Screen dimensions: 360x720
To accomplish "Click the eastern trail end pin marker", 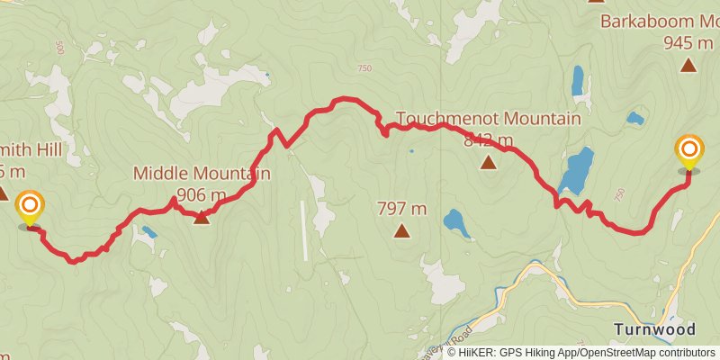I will pos(689,152).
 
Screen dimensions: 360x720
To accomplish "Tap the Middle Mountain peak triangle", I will pos(202,217).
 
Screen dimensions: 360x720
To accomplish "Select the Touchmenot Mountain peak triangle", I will pos(488,163).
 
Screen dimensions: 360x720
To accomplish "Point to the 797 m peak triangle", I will pos(401,231).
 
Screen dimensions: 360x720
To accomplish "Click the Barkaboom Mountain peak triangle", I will pos(688,64).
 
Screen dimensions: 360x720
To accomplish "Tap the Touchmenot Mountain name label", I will pos(488,119).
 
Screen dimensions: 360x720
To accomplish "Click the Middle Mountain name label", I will pos(202,173).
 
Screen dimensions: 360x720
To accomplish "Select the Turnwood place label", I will pos(654,329).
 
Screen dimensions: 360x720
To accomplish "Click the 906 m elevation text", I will pos(202,194).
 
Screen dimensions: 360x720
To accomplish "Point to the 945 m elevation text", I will pos(689,41).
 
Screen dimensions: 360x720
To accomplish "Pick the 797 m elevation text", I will pos(401,209).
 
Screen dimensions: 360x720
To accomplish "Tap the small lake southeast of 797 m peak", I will pos(456,222).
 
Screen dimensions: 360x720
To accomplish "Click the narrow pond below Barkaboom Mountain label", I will pos(577,81).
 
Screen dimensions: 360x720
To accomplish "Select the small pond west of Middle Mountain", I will pos(148,232).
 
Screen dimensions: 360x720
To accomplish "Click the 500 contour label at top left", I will pos(59,45).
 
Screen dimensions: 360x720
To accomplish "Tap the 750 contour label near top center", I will pos(364,68).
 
